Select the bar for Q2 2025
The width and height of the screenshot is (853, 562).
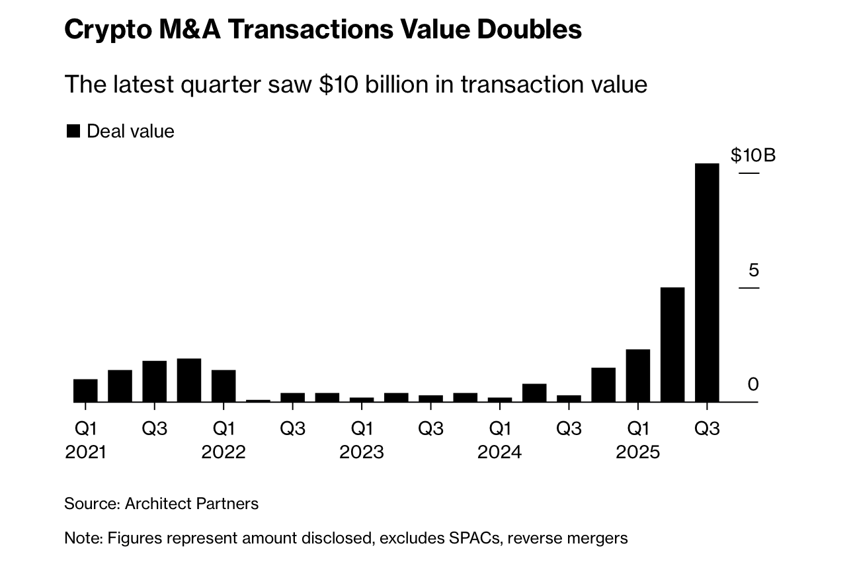click(x=672, y=344)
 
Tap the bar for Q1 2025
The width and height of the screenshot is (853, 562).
click(x=638, y=376)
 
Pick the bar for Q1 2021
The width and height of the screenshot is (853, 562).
click(x=85, y=390)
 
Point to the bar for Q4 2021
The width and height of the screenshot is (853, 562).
click(x=189, y=380)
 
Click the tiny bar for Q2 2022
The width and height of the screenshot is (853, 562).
click(x=258, y=400)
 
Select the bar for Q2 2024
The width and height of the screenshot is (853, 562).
click(x=534, y=393)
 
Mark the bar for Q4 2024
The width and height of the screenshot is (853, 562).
click(x=603, y=385)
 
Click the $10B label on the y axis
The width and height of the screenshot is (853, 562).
click(x=752, y=155)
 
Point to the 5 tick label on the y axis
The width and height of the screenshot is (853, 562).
click(x=753, y=270)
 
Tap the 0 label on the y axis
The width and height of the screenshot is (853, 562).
click(x=753, y=384)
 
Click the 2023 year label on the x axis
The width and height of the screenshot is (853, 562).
click(x=361, y=452)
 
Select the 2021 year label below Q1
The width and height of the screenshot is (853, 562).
click(x=85, y=452)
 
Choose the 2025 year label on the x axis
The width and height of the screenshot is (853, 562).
click(x=637, y=452)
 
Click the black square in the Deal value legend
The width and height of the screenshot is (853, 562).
click(x=73, y=131)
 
